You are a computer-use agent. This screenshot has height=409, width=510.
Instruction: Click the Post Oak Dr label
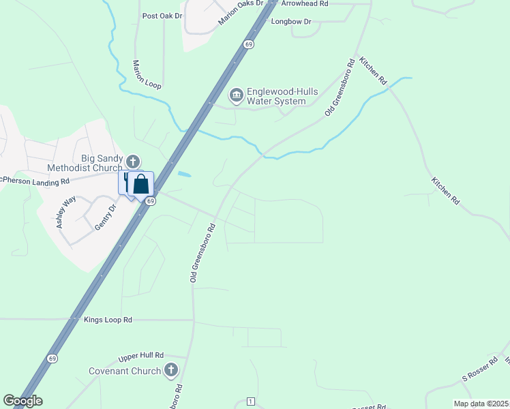[x=162, y=16]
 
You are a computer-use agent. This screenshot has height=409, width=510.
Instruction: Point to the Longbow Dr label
[x=291, y=22]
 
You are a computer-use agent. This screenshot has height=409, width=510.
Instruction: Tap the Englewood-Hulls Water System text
[x=276, y=96]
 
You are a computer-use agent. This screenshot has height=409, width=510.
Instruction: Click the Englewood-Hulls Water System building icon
[x=237, y=95]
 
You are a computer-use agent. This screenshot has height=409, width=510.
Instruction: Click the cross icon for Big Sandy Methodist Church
[x=133, y=162]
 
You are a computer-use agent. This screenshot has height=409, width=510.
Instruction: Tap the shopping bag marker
[x=140, y=184]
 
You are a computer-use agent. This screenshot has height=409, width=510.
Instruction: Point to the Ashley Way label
[x=66, y=212]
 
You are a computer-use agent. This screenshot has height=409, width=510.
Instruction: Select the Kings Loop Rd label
[x=108, y=319]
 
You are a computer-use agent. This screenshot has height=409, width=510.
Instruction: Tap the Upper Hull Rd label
[x=141, y=356]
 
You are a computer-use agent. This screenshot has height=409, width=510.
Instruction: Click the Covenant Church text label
[x=125, y=372]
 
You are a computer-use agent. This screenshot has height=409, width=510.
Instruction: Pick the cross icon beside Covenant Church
[x=170, y=371]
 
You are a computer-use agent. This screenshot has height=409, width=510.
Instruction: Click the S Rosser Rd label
[x=481, y=372]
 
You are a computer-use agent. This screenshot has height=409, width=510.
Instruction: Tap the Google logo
[x=22, y=401]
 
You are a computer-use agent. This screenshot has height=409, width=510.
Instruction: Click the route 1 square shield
[x=251, y=400]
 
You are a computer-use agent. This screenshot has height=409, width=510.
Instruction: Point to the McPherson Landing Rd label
[x=34, y=181]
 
